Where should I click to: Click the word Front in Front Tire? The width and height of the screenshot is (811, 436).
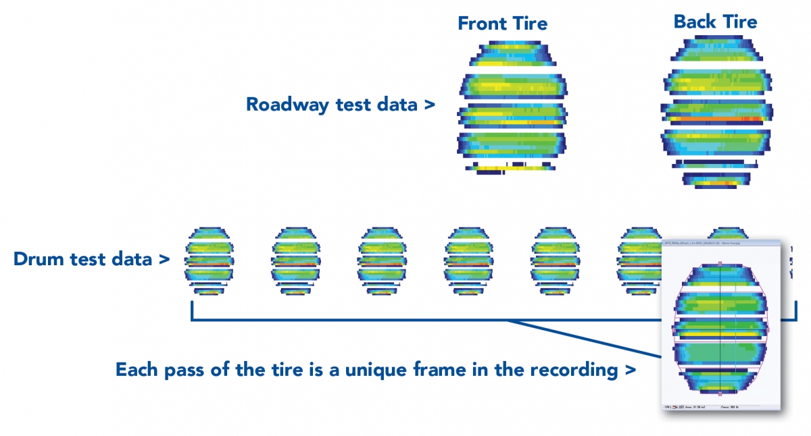pyautogui.click(x=481, y=24)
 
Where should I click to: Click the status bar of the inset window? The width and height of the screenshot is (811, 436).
pyautogui.click(x=720, y=407)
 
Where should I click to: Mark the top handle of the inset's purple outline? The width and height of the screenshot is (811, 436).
pyautogui.click(x=720, y=263)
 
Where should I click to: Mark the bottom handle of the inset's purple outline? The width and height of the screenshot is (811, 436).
pyautogui.click(x=720, y=393)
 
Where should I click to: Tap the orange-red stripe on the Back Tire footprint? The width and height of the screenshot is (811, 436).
pyautogui.click(x=716, y=118)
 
